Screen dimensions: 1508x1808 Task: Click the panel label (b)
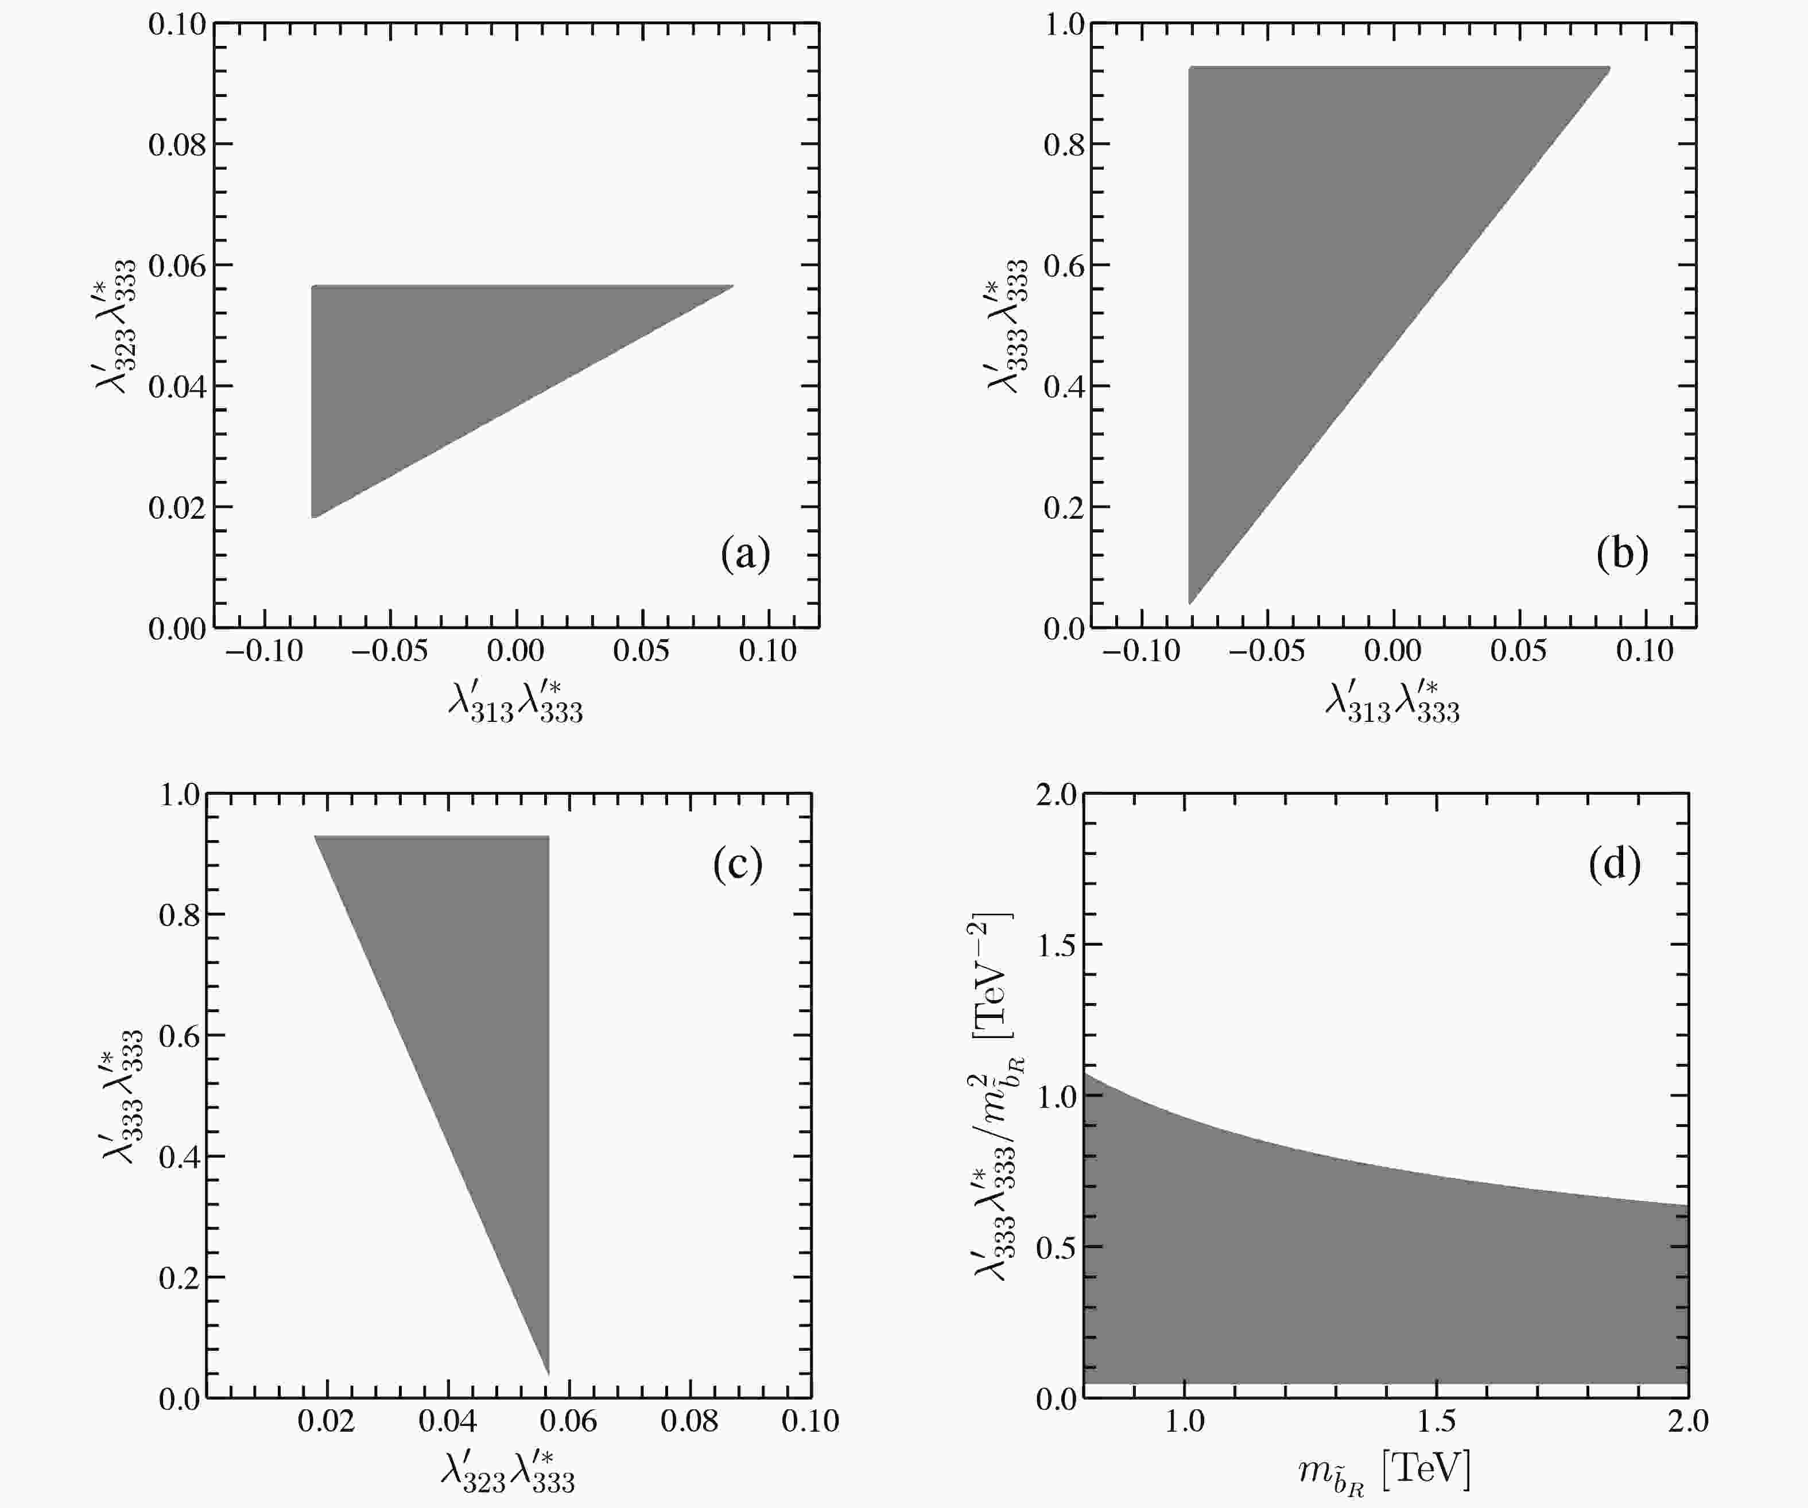point(1622,553)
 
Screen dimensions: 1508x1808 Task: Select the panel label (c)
point(738,864)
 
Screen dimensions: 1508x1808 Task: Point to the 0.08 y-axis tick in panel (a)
point(177,145)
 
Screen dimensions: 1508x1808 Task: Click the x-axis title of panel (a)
point(515,701)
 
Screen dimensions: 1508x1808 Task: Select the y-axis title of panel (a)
point(116,326)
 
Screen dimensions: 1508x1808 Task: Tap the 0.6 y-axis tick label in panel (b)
point(1064,265)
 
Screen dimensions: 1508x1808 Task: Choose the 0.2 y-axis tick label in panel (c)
point(179,1277)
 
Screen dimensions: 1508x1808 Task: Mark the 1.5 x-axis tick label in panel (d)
point(1436,1421)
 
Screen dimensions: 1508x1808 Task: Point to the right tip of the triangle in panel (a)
point(732,286)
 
